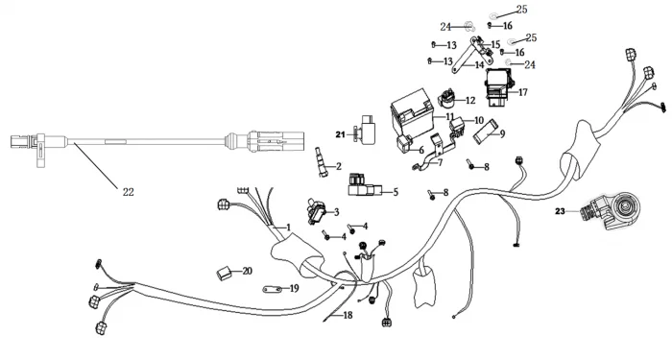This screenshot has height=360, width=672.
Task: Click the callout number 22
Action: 128,192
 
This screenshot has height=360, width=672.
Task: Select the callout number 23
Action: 560,211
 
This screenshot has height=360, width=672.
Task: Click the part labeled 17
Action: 499,87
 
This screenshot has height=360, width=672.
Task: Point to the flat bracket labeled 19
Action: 272,290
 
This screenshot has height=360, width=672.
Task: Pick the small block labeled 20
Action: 223,273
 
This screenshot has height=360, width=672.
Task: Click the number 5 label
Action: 396,192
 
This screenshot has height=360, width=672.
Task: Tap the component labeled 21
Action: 366,130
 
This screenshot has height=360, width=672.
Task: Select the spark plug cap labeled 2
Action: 321,162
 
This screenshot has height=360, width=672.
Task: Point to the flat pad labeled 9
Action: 485,131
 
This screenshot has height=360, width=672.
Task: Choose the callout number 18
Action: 348,316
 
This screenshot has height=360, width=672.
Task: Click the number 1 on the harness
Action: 288,228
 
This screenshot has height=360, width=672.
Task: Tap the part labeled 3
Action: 316,211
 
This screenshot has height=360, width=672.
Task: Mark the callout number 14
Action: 479,65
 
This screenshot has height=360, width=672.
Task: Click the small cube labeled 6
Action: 404,144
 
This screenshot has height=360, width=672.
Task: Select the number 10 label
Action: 479,120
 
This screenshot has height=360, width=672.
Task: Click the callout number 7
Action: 440,163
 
